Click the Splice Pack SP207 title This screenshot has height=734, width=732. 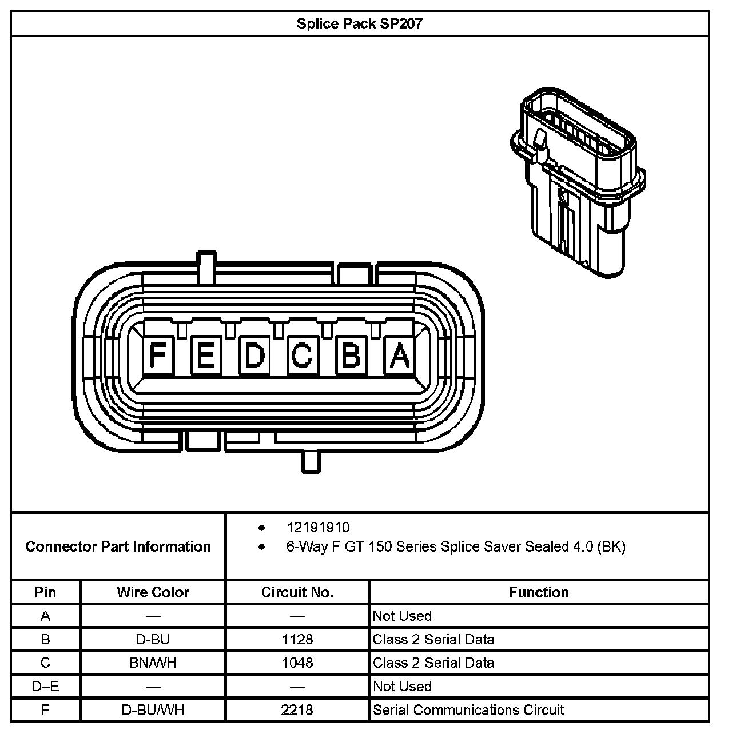pyautogui.click(x=359, y=24)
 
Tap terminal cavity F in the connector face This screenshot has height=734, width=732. pyautogui.click(x=157, y=355)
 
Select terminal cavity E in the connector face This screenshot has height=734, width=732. pyautogui.click(x=206, y=355)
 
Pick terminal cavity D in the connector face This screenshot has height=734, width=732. pyautogui.click(x=254, y=355)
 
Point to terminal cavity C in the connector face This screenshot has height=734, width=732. pyautogui.click(x=302, y=355)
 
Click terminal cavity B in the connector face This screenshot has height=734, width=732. pyautogui.click(x=351, y=355)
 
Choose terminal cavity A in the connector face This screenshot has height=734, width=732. pyautogui.click(x=400, y=355)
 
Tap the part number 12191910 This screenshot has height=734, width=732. pyautogui.click(x=318, y=527)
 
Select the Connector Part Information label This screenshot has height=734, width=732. pyautogui.click(x=118, y=546)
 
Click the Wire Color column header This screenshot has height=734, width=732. pyautogui.click(x=153, y=592)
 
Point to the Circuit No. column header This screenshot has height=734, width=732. pyautogui.click(x=297, y=592)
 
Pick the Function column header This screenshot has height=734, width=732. pyautogui.click(x=539, y=592)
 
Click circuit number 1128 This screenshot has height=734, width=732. pyautogui.click(x=297, y=639)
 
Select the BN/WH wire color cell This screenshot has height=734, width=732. pyautogui.click(x=153, y=663)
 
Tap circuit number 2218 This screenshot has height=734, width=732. pyautogui.click(x=297, y=710)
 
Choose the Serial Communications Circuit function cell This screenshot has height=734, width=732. pyautogui.click(x=468, y=710)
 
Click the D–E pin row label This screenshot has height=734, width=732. pyautogui.click(x=45, y=686)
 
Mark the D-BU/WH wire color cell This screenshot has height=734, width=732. pyautogui.click(x=153, y=710)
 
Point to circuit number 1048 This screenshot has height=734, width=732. pyautogui.click(x=297, y=663)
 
